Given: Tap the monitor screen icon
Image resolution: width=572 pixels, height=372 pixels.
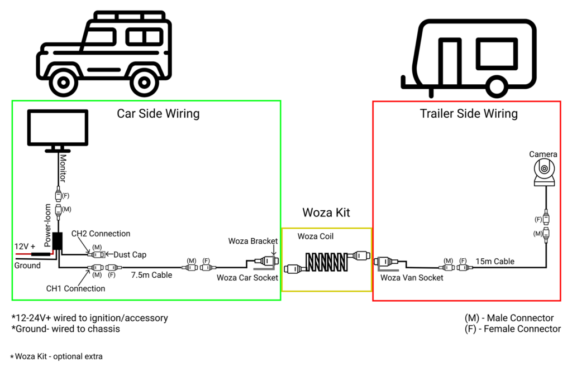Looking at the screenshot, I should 58,127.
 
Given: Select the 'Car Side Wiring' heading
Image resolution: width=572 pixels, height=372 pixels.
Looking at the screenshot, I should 158,114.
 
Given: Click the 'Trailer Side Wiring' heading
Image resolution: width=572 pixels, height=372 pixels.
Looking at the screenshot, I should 469,114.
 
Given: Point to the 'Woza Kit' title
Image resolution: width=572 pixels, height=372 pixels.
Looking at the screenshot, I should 326,212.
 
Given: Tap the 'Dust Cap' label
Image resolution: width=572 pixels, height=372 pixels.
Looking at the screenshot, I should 130,254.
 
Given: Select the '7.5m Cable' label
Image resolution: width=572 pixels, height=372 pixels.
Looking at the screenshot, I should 151,275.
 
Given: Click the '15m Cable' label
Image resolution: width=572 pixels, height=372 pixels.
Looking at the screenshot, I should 495,261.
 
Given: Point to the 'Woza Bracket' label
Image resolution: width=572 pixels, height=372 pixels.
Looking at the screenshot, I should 252,241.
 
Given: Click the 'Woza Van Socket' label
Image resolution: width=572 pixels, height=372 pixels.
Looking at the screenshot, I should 412,277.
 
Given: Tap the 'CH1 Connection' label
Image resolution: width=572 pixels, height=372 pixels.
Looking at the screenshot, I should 76,288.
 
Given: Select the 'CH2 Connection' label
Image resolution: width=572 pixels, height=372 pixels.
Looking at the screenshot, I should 101,234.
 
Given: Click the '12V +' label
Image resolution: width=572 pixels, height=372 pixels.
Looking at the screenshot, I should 25,246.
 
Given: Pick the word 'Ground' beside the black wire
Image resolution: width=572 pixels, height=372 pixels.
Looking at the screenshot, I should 27,265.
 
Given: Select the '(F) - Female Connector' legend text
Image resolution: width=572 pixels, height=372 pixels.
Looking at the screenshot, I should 512,329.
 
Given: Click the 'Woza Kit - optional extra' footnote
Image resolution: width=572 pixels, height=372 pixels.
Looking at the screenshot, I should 57,356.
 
